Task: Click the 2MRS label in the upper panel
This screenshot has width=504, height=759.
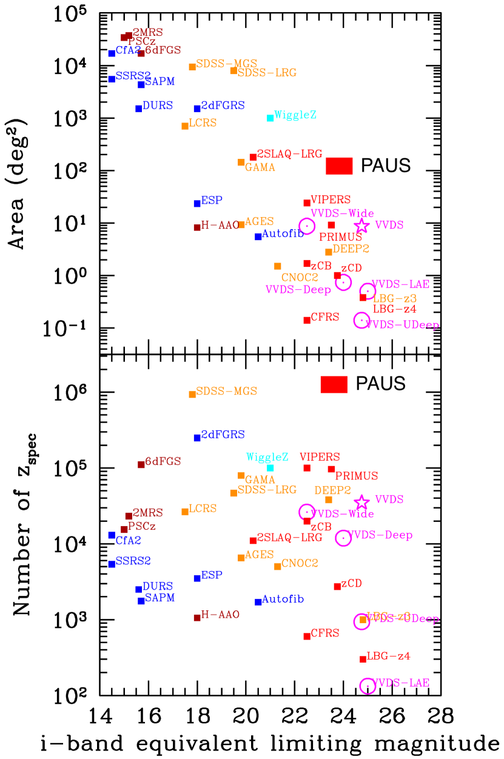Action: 147,33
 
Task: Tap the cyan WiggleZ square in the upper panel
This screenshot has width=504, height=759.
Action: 270,118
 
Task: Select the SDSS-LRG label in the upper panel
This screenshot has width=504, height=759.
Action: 267,73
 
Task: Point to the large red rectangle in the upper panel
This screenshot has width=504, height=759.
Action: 339,166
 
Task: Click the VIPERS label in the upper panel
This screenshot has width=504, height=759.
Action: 331,200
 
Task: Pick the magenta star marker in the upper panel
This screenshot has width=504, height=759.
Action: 362,226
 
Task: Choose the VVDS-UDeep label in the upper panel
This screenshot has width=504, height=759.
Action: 403,326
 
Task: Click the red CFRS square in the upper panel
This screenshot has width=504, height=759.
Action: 307,320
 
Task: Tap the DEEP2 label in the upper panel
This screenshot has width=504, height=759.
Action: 351,249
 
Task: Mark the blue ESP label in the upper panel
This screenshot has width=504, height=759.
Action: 212,201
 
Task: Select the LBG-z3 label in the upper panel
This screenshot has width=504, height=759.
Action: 394,299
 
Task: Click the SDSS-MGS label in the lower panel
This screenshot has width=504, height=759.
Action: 226,392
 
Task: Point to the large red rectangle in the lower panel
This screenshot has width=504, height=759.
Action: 334,384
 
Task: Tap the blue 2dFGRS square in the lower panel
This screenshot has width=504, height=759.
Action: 197,438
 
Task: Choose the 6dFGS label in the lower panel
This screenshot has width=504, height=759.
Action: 163,462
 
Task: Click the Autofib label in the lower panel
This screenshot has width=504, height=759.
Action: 283,600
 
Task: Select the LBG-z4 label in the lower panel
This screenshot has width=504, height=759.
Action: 388,656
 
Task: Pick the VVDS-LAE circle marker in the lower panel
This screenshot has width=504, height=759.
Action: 368,686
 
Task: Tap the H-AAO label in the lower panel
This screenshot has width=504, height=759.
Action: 220,615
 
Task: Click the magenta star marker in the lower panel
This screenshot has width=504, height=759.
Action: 362,502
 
